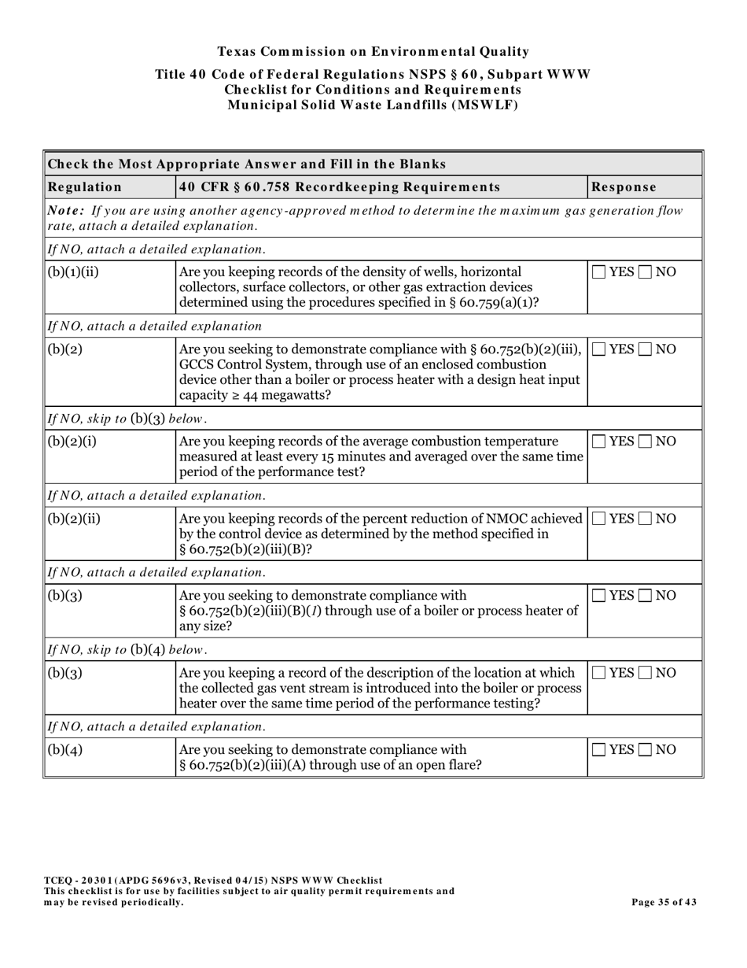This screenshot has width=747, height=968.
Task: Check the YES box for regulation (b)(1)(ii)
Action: pyautogui.click(x=599, y=272)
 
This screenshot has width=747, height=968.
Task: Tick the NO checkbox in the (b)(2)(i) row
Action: pyautogui.click(x=646, y=442)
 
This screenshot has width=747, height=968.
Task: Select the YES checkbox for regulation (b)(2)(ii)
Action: pyautogui.click(x=599, y=519)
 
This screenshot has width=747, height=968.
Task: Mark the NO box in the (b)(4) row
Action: pyautogui.click(x=646, y=750)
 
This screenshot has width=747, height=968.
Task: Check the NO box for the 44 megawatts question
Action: pyautogui.click(x=646, y=349)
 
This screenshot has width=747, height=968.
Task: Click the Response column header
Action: pyautogui.click(x=624, y=187)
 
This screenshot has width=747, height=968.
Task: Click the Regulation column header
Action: pyautogui.click(x=85, y=187)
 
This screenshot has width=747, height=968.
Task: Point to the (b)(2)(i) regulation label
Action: pyautogui.click(x=72, y=442)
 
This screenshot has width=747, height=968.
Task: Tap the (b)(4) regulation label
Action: pyautogui.click(x=65, y=750)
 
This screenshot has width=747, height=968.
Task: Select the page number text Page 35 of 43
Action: pyautogui.click(x=664, y=902)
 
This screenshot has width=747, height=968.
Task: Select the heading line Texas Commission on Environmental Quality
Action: pyautogui.click(x=373, y=52)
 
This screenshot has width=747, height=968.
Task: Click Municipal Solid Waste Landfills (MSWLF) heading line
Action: pyautogui.click(x=373, y=105)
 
